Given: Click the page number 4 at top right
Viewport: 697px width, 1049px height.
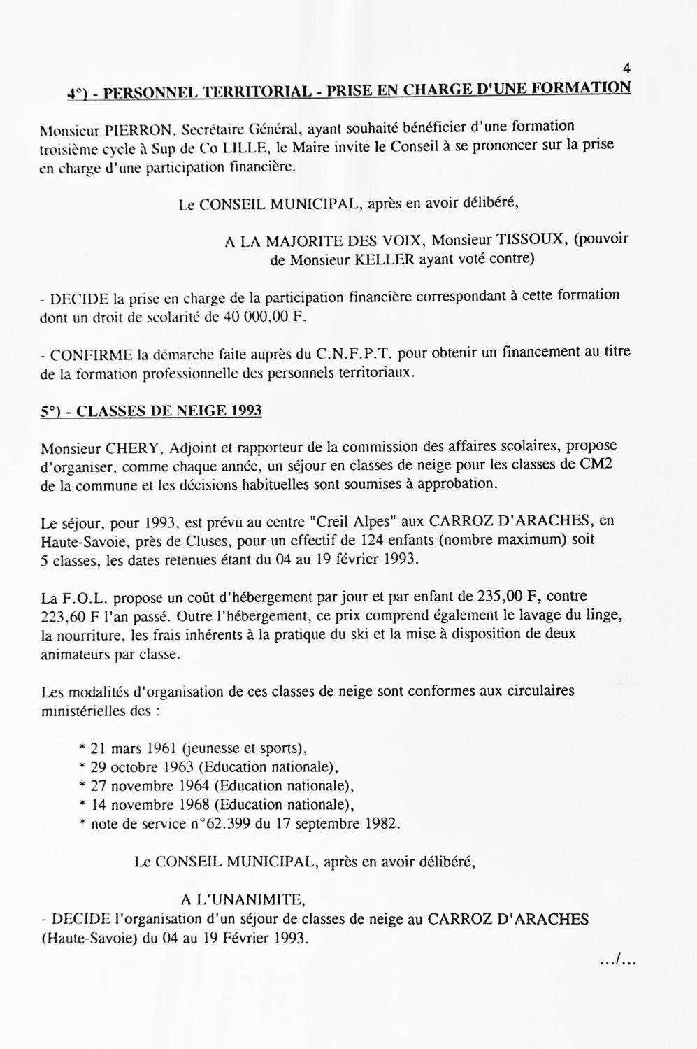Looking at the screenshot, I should point(626,69).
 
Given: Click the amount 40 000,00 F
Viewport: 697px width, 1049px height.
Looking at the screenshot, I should point(266,316).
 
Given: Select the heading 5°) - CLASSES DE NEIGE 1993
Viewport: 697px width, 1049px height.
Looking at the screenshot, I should point(151,411).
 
